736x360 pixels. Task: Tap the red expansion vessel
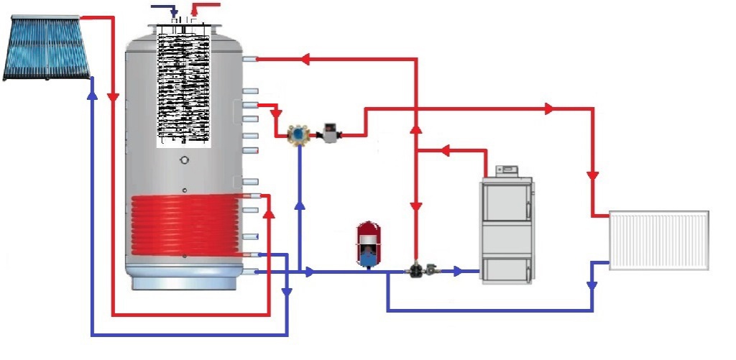tap(367, 244)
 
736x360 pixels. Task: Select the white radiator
tap(659, 240)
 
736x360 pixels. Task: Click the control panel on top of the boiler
tap(508, 170)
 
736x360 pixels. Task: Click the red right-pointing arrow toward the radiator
tap(550, 109)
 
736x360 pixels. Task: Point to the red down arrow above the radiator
tap(593, 175)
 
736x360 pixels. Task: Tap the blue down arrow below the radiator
tap(592, 285)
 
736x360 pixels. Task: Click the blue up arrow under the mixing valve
tap(299, 206)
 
